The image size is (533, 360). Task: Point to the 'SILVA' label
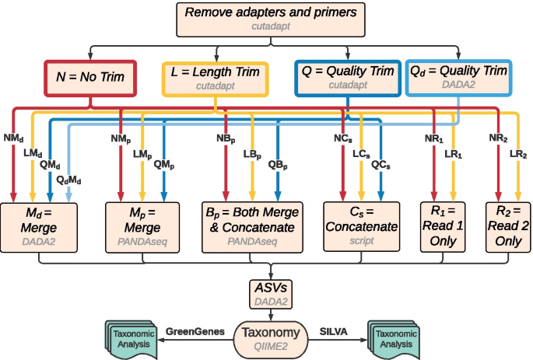coord(334,330)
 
